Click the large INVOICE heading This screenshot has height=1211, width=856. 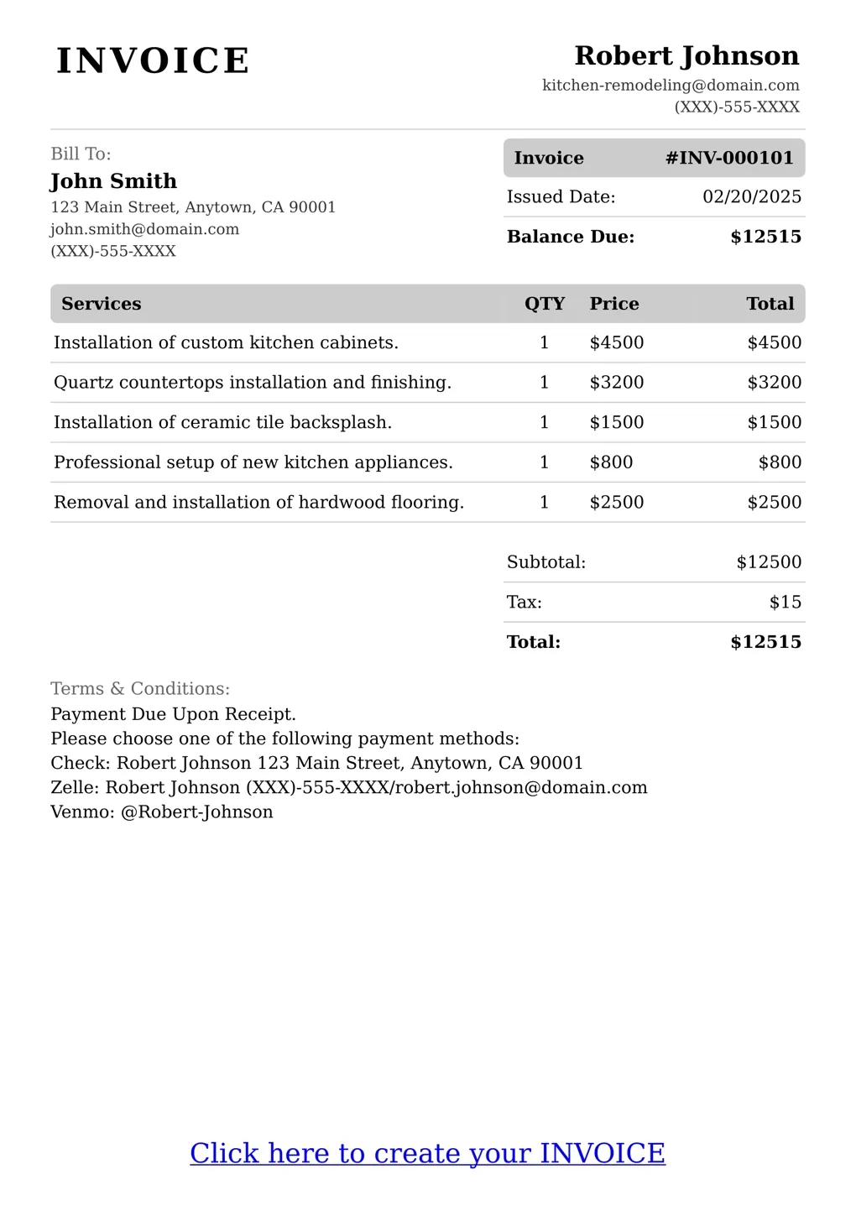click(x=153, y=61)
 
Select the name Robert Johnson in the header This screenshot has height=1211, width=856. click(x=686, y=56)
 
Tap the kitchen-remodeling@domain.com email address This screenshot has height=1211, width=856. click(x=671, y=86)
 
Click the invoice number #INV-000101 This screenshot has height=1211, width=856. click(x=729, y=158)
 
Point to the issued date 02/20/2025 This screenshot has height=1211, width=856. click(x=751, y=197)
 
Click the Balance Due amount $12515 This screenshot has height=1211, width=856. click(x=765, y=237)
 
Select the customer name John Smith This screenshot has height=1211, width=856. click(x=113, y=181)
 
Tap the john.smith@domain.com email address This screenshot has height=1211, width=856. click(x=144, y=229)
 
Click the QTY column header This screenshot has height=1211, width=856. click(x=545, y=304)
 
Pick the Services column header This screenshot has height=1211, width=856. click(x=101, y=304)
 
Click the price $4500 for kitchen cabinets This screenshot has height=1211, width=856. click(x=617, y=342)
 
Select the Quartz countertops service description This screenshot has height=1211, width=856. click(x=252, y=383)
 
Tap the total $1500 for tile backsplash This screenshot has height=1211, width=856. click(x=774, y=422)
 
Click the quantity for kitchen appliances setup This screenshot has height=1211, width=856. click(x=545, y=462)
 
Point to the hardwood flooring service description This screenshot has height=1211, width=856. click(x=258, y=503)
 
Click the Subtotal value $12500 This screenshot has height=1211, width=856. click(x=769, y=562)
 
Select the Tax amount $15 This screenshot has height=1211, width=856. click(x=785, y=603)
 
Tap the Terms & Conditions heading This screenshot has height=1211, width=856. click(x=140, y=689)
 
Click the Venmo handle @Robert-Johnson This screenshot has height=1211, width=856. click(x=197, y=812)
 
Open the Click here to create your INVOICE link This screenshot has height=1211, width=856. click(x=427, y=1153)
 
